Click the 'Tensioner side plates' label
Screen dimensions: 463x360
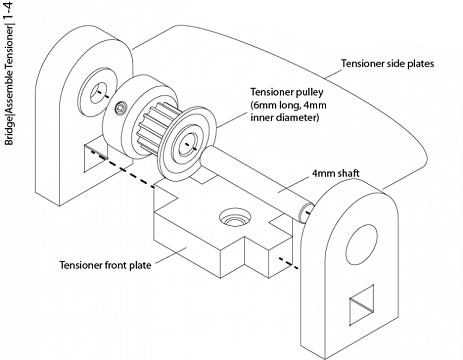[x=387, y=63]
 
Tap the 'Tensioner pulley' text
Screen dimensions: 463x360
[x=287, y=92]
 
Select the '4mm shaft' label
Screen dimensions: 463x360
[x=336, y=173]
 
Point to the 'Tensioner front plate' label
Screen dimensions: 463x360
[x=105, y=265]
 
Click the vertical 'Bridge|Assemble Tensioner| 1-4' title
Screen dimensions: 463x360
[x=8, y=73]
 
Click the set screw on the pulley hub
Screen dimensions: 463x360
[x=121, y=108]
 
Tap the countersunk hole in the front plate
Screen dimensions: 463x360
[x=235, y=217]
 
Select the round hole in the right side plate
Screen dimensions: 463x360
[x=361, y=244]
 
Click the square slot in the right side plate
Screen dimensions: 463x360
[x=361, y=305]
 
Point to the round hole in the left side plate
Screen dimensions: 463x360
[x=97, y=91]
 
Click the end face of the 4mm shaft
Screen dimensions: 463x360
[x=305, y=213]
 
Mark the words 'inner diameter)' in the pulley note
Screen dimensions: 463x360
[x=285, y=118]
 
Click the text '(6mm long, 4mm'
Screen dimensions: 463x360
[x=288, y=105]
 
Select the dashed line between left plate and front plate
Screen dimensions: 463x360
[x=122, y=169]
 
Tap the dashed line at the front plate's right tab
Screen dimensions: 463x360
[x=289, y=263]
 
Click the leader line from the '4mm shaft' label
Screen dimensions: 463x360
[x=295, y=184]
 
